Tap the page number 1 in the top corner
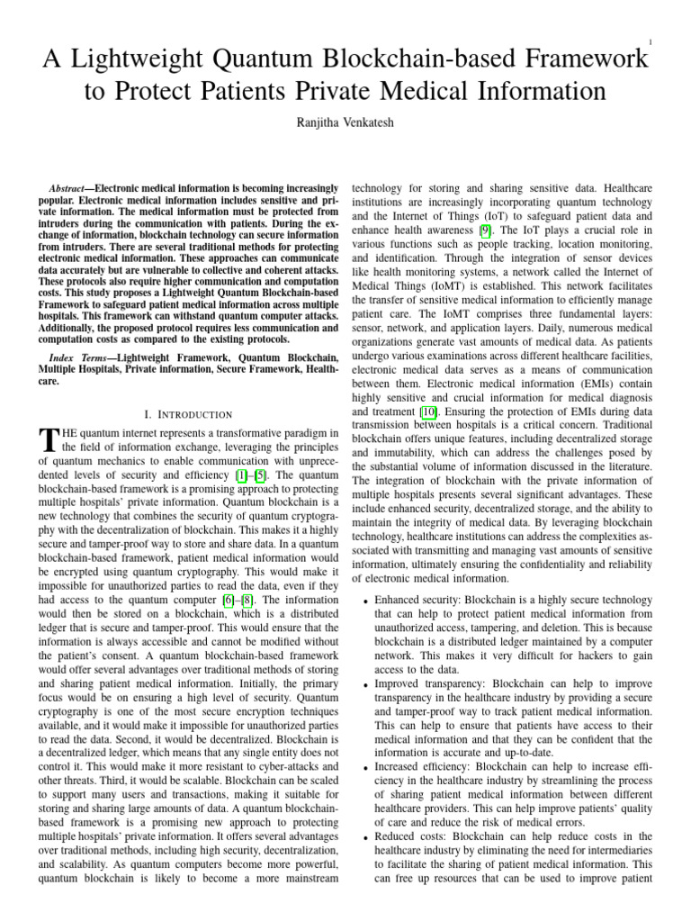[x=650, y=41]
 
